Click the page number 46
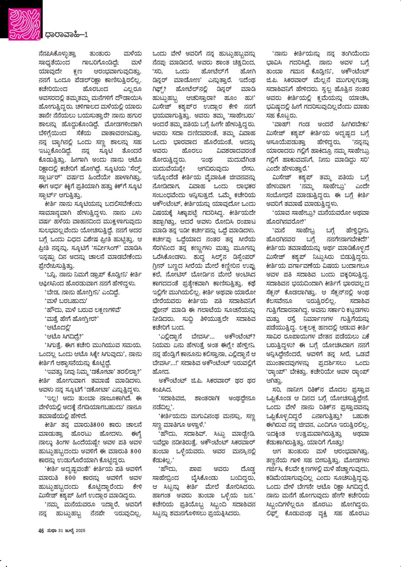[x=41, y=531]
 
